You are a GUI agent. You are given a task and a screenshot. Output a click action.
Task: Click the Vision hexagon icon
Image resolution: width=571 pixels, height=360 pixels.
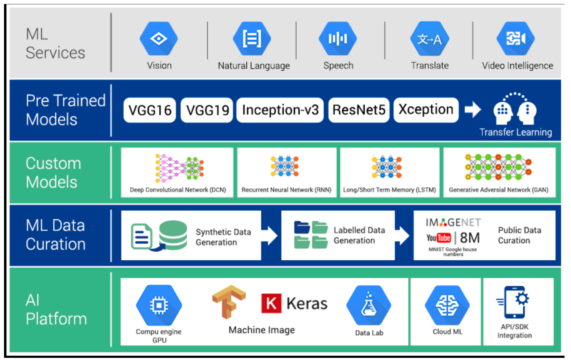click(x=158, y=39)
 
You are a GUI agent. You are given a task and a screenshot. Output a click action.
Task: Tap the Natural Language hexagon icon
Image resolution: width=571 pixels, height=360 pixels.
click(x=252, y=39)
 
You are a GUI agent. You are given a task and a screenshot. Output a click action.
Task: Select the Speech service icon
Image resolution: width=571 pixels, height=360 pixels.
click(x=338, y=39)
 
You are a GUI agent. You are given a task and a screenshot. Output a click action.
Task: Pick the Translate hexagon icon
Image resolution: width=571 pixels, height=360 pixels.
click(x=429, y=39)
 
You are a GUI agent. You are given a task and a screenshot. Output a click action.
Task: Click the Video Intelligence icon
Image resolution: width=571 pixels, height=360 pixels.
click(x=516, y=39)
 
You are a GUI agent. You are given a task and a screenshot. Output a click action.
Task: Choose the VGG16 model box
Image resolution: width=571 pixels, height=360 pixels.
click(x=150, y=110)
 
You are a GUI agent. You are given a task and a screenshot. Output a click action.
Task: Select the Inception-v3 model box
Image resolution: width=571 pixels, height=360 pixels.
click(x=280, y=110)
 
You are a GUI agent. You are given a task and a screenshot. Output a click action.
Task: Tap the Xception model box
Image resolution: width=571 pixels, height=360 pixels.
click(x=426, y=110)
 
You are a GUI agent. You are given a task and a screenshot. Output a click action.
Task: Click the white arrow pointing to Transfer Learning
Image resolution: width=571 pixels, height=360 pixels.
click(x=473, y=110)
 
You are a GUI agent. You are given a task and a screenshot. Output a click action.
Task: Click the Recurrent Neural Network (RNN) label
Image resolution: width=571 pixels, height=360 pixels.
click(x=286, y=190)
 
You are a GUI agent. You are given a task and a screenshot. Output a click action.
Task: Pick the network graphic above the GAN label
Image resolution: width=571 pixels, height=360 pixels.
click(x=498, y=167)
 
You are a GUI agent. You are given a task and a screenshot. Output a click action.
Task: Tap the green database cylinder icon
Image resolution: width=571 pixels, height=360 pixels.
click(x=173, y=235)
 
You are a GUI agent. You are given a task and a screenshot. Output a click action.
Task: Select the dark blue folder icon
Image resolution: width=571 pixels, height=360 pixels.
click(x=302, y=227)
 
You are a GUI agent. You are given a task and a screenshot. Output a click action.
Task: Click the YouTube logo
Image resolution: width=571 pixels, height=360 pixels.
click(x=438, y=238)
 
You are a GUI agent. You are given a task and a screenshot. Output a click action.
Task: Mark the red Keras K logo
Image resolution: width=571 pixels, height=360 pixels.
click(x=271, y=303)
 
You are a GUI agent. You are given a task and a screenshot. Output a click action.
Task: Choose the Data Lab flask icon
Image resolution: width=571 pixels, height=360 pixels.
click(x=369, y=305)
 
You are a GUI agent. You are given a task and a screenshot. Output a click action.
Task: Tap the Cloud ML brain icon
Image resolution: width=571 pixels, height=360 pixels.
click(x=447, y=305)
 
